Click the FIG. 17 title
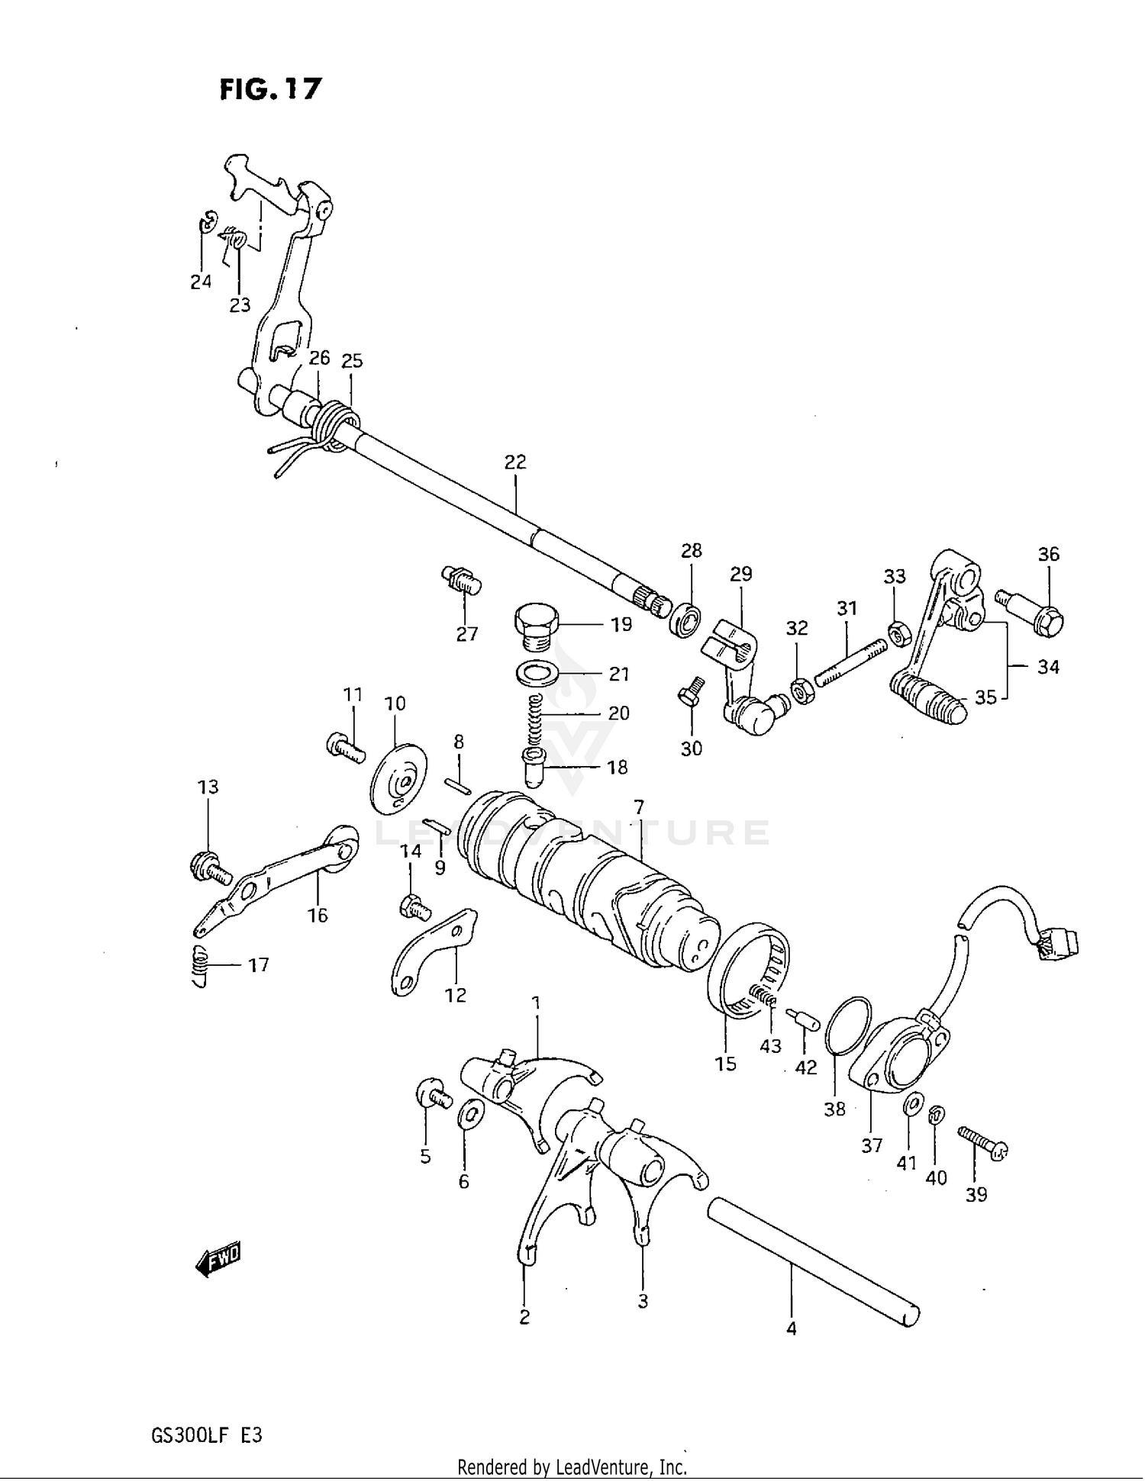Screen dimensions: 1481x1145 [x=271, y=89]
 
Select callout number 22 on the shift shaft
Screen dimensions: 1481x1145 [x=515, y=462]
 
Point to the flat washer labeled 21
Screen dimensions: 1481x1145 [x=537, y=674]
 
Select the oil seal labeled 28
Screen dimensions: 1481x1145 [x=686, y=619]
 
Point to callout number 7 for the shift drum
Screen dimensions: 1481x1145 [x=638, y=807]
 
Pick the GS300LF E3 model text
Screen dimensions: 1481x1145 [x=207, y=1435]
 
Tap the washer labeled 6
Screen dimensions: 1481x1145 [x=469, y=1116]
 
